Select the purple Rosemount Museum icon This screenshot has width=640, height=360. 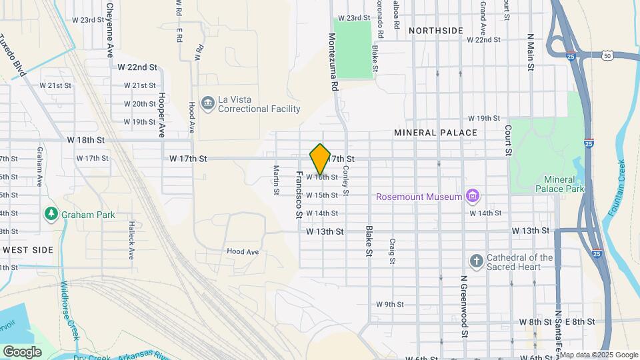click(x=473, y=196)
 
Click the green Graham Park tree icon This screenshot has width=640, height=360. click(x=50, y=214)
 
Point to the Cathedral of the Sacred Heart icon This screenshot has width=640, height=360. click(x=476, y=260)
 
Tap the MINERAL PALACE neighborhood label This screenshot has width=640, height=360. click(x=435, y=133)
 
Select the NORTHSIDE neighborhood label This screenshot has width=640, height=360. click(x=435, y=31)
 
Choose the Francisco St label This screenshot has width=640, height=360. click(x=299, y=194)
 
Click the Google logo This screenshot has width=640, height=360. click(x=22, y=351)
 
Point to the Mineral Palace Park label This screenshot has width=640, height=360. click(x=563, y=184)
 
